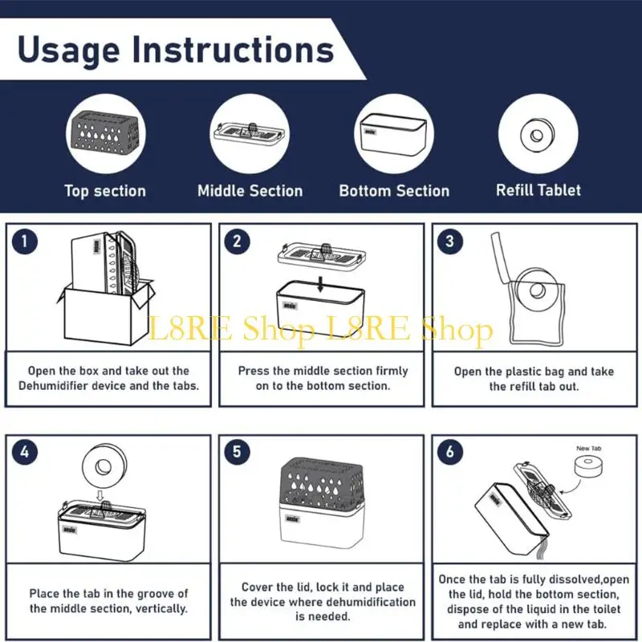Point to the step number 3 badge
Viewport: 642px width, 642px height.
click(x=449, y=242)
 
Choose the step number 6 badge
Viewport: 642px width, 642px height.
click(x=449, y=453)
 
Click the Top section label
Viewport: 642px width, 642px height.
click(x=105, y=191)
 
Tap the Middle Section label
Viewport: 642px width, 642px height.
click(x=250, y=191)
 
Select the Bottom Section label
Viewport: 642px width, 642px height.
click(x=394, y=191)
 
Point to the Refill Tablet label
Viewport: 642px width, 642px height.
click(x=538, y=190)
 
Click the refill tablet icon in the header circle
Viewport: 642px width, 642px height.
click(x=538, y=133)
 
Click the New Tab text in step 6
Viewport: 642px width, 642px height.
click(x=589, y=449)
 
